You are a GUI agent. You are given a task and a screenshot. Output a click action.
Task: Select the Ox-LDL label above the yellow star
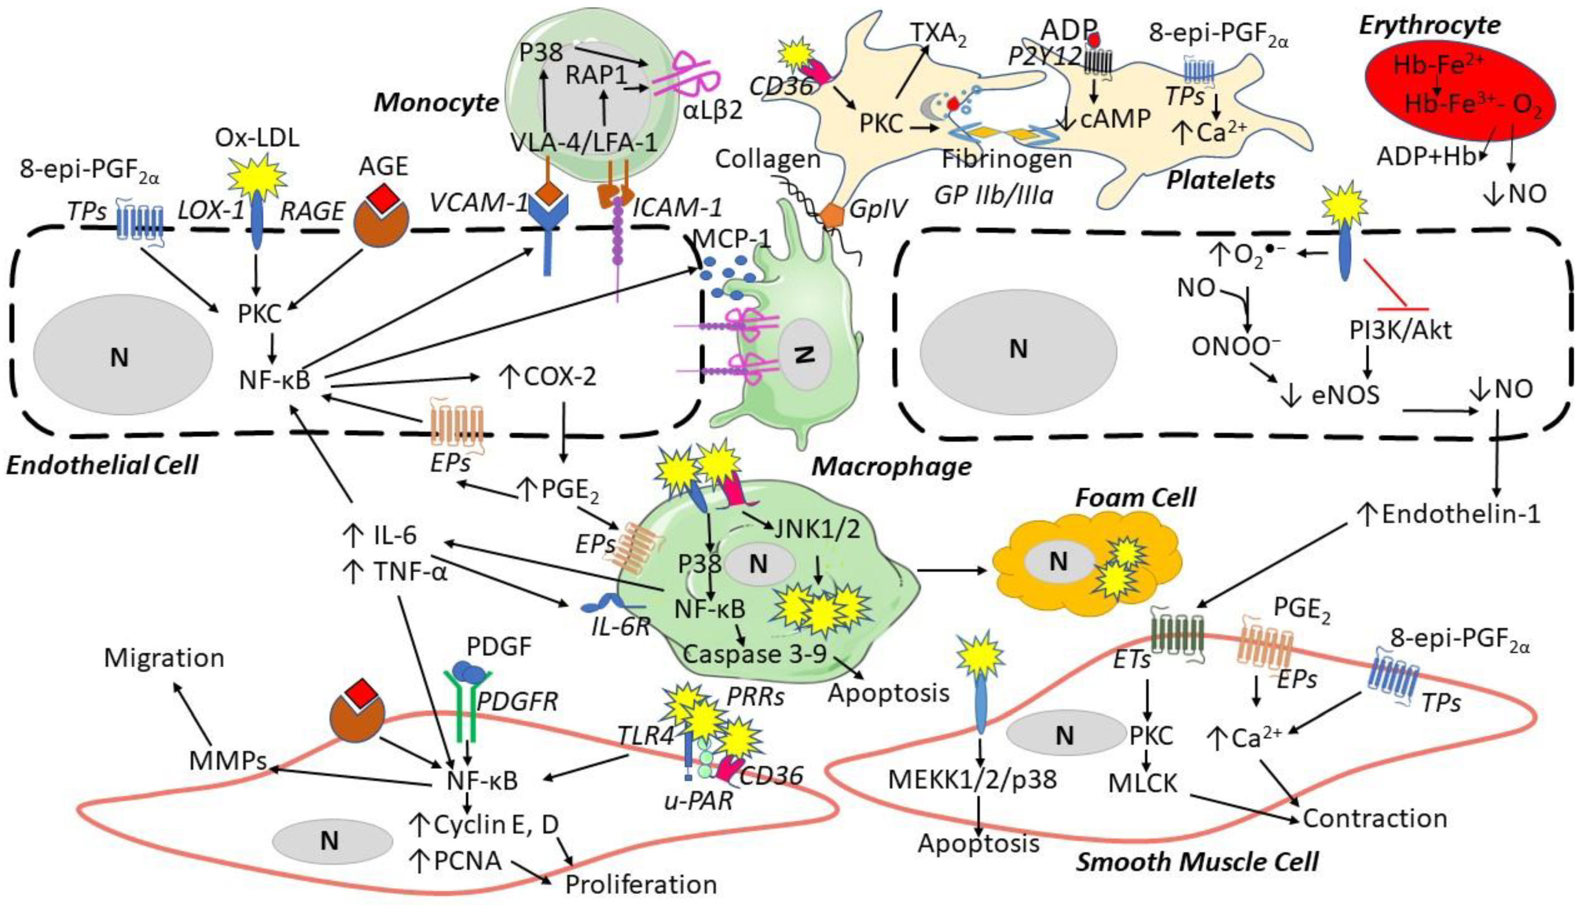pyautogui.click(x=257, y=138)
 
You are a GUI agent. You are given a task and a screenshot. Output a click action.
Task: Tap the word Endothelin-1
pyautogui.click(x=1460, y=515)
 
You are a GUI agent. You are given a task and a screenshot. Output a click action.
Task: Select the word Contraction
pyautogui.click(x=1374, y=818)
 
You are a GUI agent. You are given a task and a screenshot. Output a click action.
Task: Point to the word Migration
pyautogui.click(x=164, y=657)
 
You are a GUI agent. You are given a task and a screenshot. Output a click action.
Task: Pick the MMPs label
pyautogui.click(x=228, y=761)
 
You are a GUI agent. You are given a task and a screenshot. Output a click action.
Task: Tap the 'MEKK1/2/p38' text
pyautogui.click(x=972, y=779)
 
